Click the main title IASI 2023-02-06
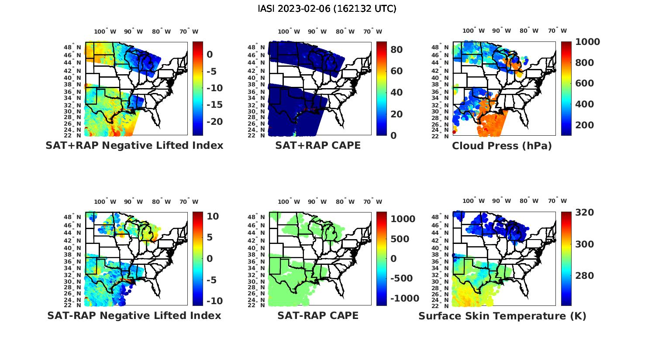(327, 9)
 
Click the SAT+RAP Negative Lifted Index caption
(134, 145)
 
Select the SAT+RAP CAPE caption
(318, 145)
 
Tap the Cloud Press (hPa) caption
(502, 146)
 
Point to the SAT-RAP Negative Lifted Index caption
(134, 315)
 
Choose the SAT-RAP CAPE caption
(318, 315)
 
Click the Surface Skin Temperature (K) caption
(502, 316)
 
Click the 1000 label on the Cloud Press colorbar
(587, 42)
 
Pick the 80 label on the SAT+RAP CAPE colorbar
(396, 50)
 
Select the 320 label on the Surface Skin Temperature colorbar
(584, 213)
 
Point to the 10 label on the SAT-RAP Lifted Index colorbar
(213, 216)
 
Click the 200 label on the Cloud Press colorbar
(584, 125)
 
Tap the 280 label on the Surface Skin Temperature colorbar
(584, 276)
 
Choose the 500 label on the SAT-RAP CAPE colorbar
(400, 239)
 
